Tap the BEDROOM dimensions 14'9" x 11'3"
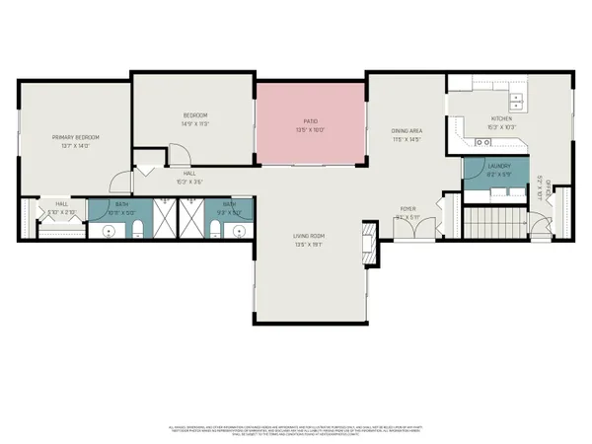click(x=195, y=124)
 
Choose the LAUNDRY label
click(x=497, y=169)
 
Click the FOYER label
click(x=407, y=209)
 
